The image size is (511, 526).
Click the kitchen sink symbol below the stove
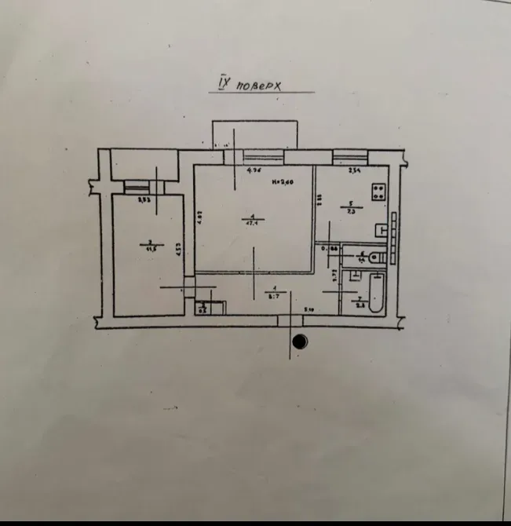click(381, 230)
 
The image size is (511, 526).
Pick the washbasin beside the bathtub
click(356, 276)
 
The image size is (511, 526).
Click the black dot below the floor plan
click(299, 342)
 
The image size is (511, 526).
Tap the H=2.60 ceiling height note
click(282, 183)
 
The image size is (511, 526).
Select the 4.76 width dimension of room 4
click(254, 170)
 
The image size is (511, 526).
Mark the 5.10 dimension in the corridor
click(310, 309)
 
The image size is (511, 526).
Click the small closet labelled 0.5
click(203, 309)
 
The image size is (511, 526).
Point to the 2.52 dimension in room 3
click(144, 200)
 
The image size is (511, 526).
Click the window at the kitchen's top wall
click(350, 159)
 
